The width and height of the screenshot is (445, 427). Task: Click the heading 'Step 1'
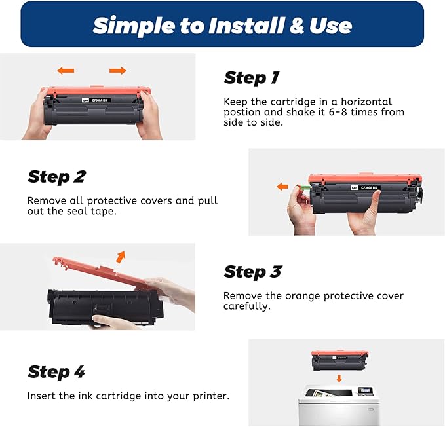tap(252, 78)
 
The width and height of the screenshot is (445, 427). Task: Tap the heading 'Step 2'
tap(57, 177)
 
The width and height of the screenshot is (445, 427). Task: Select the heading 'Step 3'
tap(252, 272)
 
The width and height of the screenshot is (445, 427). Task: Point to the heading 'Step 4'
tap(56, 372)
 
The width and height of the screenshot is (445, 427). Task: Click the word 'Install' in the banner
tap(246, 26)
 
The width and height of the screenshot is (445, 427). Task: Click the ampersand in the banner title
tap(297, 26)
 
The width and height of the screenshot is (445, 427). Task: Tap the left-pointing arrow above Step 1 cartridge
tap(66, 70)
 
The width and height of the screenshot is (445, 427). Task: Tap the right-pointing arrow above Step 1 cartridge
tap(118, 70)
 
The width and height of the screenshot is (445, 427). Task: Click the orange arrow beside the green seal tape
tap(282, 187)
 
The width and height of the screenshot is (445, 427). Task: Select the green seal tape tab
tap(303, 187)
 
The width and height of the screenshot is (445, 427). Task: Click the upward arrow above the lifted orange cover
tap(121, 257)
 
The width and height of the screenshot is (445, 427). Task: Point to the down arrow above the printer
tap(339, 379)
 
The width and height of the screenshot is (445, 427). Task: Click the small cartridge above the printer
tap(339, 360)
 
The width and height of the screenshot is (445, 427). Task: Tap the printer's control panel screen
tap(364, 390)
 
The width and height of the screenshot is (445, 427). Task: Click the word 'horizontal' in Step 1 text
tap(366, 102)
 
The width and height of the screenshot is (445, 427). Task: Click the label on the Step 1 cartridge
tap(96, 100)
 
